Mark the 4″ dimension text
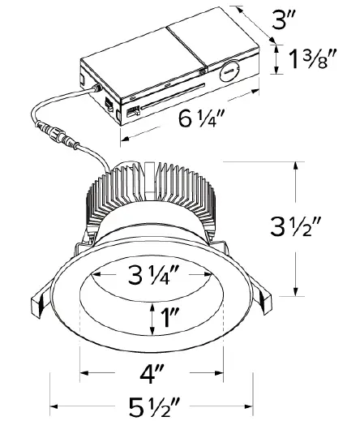click(x=152, y=375)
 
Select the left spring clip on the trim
click(x=38, y=304)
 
